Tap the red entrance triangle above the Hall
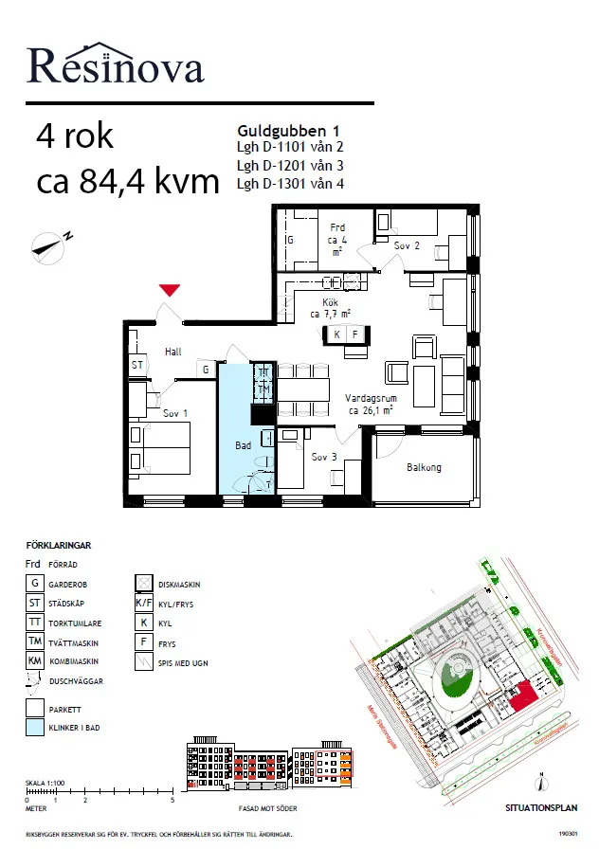pyautogui.click(x=170, y=291)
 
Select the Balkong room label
pyautogui.click(x=424, y=467)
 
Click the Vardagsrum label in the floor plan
pyautogui.click(x=371, y=400)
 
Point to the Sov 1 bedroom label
pyautogui.click(x=175, y=414)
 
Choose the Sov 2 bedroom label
pyautogui.click(x=407, y=245)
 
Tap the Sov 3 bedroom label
pyautogui.click(x=325, y=457)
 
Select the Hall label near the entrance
pyautogui.click(x=172, y=352)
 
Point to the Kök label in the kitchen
pyautogui.click(x=330, y=302)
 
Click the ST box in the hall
pyautogui.click(x=137, y=365)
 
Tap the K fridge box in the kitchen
pyautogui.click(x=336, y=334)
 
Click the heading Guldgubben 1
pyautogui.click(x=288, y=131)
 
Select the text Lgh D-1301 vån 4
pyautogui.click(x=289, y=183)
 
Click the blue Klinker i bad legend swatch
pyautogui.click(x=34, y=728)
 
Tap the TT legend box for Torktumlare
pyautogui.click(x=34, y=623)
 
